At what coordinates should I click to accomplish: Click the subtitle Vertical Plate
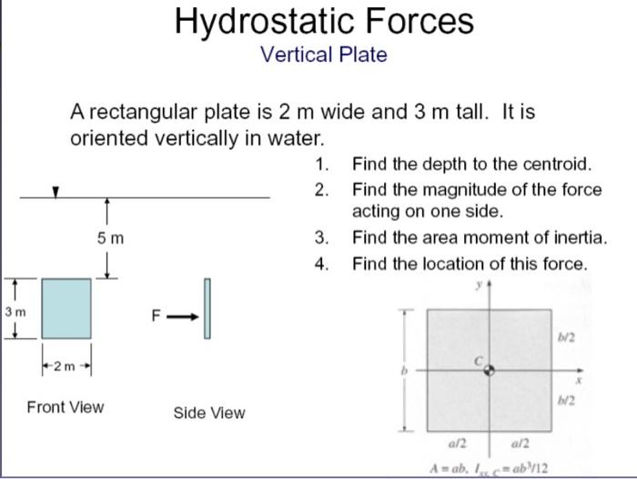(323, 55)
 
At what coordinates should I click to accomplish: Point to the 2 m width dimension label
(66, 366)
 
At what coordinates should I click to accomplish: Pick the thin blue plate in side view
(207, 308)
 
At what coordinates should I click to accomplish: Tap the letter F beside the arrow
(156, 317)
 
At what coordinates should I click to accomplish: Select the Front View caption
(66, 406)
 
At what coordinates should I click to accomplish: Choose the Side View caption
(208, 413)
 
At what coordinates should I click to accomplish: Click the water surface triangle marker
(56, 192)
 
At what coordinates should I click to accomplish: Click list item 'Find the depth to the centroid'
(471, 165)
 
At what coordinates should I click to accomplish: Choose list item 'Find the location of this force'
(470, 264)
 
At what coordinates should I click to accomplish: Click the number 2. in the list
(320, 189)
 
